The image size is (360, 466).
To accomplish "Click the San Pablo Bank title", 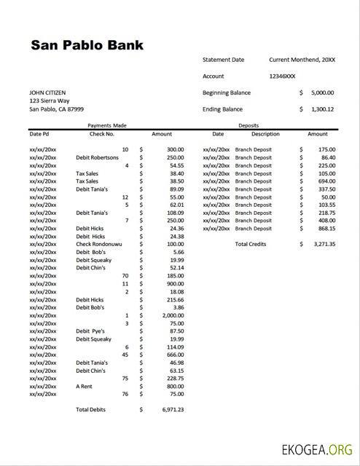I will click(87, 45).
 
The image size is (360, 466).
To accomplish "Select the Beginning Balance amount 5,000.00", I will click(321, 92).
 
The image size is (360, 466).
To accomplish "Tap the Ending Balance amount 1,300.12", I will click(321, 109).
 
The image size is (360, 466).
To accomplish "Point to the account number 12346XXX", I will click(282, 76).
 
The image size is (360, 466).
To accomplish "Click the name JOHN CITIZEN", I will click(47, 92).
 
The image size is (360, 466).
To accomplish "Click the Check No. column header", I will click(102, 134).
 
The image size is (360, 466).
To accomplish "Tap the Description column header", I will click(265, 134).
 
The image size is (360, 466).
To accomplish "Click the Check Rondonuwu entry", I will click(99, 244).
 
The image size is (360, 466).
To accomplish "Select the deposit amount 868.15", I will click(323, 228).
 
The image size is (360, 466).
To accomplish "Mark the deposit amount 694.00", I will click(323, 181).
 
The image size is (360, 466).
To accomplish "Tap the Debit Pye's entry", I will click(92, 331).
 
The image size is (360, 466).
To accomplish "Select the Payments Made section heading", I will click(106, 125).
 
